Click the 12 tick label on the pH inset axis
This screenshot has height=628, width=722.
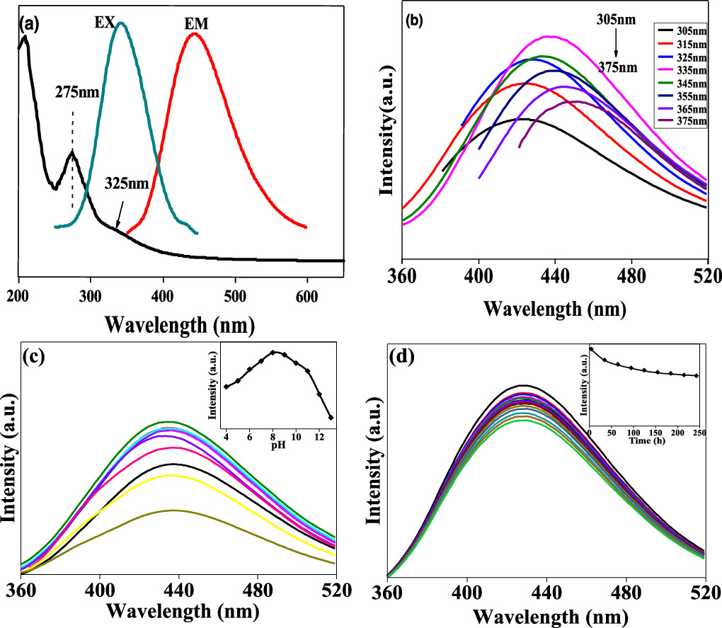click(x=319, y=438)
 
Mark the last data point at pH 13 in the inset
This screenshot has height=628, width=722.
click(x=331, y=417)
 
